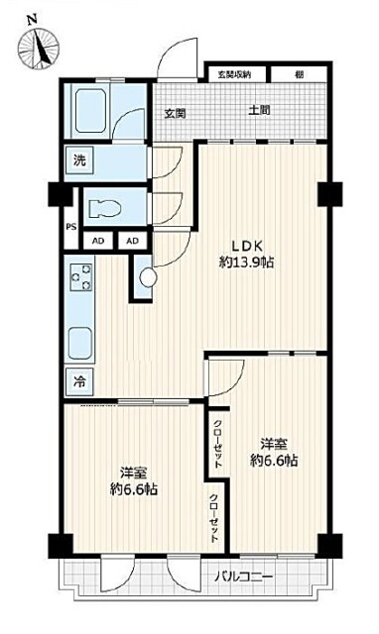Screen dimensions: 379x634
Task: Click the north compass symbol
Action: [x=39, y=48]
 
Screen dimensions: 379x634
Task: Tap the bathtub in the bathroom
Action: [x=90, y=111]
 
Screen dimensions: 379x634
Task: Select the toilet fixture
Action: [x=105, y=209]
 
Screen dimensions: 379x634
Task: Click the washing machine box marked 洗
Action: [x=79, y=160]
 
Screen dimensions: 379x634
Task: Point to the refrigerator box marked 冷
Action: [x=79, y=381]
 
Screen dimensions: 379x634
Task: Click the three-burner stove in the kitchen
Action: [x=81, y=277]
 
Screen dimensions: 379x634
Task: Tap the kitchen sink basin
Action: [x=79, y=343]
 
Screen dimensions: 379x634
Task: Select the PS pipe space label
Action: [x=71, y=227]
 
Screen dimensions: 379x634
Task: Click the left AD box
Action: [x=98, y=242]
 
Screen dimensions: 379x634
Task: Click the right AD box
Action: [x=132, y=242]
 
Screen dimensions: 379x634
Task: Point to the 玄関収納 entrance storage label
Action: [x=234, y=75]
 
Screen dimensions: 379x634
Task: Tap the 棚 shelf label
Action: [x=300, y=75]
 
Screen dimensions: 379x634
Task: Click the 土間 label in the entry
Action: [x=259, y=110]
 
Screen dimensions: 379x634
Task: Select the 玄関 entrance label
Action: [x=175, y=114]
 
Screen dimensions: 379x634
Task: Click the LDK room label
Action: [x=247, y=246]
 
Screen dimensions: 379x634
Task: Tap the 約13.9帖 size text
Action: [x=247, y=264]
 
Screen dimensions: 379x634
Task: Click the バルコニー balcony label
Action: [x=243, y=576]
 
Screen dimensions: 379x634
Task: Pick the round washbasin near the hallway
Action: [x=148, y=278]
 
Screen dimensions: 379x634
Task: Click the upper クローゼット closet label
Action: [x=218, y=445]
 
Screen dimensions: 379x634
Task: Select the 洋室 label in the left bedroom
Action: [x=134, y=473]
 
